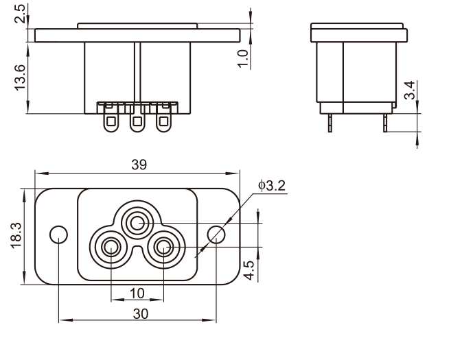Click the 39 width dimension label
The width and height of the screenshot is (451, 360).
point(139,165)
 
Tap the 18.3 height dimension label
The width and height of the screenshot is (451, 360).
point(16,235)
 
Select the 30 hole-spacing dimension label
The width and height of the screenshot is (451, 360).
point(141,314)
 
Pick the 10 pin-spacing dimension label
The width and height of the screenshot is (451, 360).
point(137,293)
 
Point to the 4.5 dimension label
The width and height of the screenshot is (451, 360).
point(248,269)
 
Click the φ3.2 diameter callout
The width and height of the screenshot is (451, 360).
point(272,186)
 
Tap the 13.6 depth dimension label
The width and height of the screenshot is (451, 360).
point(20,77)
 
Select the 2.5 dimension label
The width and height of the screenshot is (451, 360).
point(20,14)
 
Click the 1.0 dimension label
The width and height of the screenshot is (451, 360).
point(243,58)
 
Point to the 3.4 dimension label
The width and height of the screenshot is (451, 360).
point(410,90)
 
